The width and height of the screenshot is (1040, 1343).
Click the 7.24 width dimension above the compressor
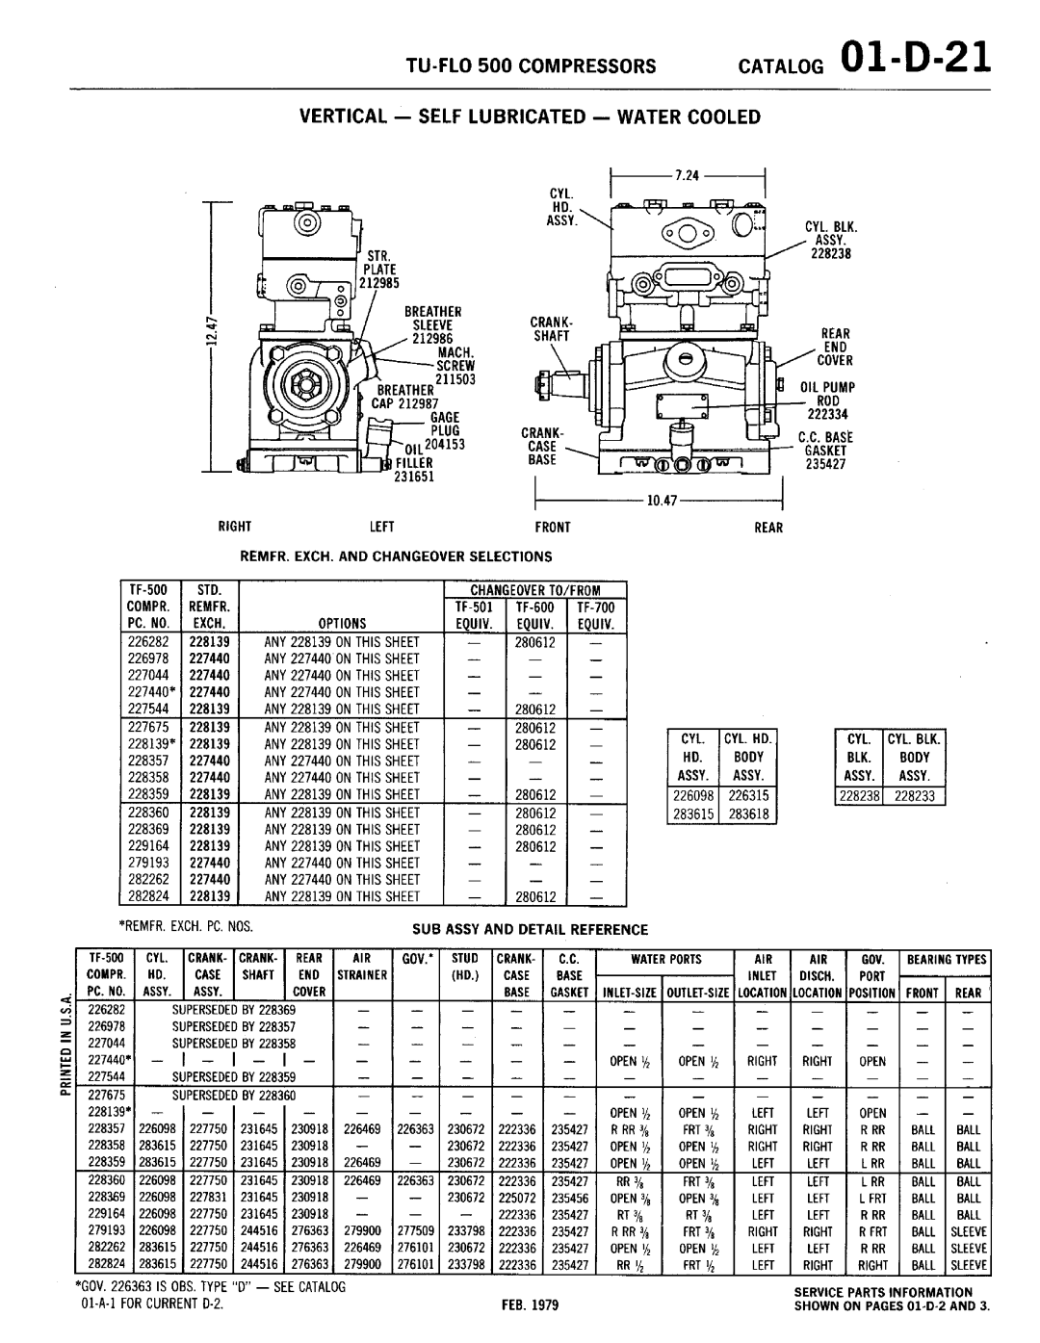tap(686, 176)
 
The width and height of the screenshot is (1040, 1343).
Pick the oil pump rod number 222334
tap(823, 413)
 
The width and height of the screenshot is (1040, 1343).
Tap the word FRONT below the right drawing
tap(556, 528)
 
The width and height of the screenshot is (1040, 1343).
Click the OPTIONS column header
tap(342, 623)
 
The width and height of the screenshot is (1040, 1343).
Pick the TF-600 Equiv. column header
tap(534, 615)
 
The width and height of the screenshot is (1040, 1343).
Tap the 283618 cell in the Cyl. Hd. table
tap(747, 814)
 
